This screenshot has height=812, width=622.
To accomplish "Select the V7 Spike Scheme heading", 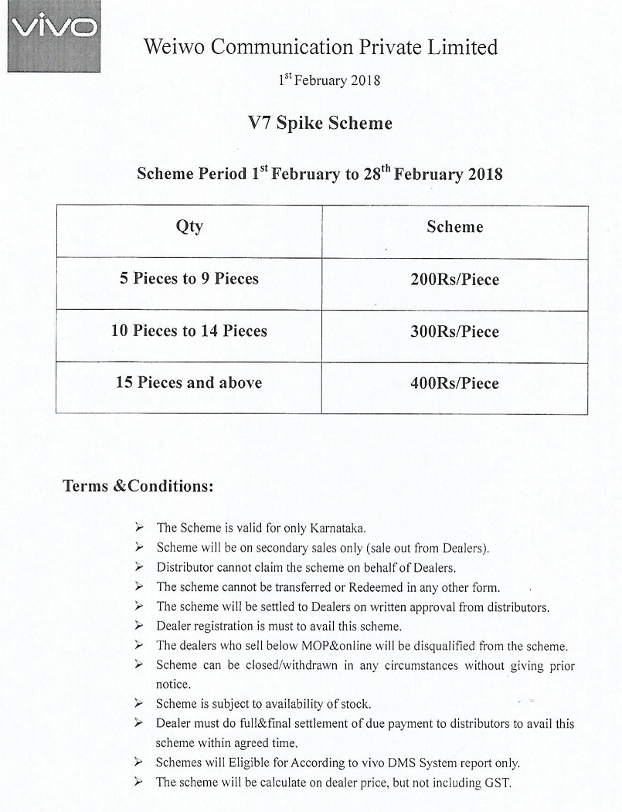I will pyautogui.click(x=320, y=123).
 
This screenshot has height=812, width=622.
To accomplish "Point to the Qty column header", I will pyautogui.click(x=189, y=226).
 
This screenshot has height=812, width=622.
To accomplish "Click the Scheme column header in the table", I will pyautogui.click(x=454, y=227).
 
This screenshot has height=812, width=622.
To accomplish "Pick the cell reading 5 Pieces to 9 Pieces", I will pyautogui.click(x=189, y=278).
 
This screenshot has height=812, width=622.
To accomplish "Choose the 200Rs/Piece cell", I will pyautogui.click(x=454, y=280).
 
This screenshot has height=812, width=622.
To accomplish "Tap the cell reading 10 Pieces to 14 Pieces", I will pyautogui.click(x=189, y=331).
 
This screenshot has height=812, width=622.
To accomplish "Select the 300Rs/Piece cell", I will pyautogui.click(x=454, y=331).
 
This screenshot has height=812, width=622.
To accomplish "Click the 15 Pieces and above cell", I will pyautogui.click(x=189, y=382).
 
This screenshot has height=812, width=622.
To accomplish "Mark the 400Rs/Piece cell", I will pyautogui.click(x=454, y=383).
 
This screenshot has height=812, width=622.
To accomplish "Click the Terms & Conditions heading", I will pyautogui.click(x=138, y=487).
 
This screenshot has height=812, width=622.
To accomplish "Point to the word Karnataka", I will pyautogui.click(x=337, y=528).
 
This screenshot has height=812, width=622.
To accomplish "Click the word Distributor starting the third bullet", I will pyautogui.click(x=184, y=567).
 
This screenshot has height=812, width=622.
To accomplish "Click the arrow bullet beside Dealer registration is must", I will pyautogui.click(x=138, y=625).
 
